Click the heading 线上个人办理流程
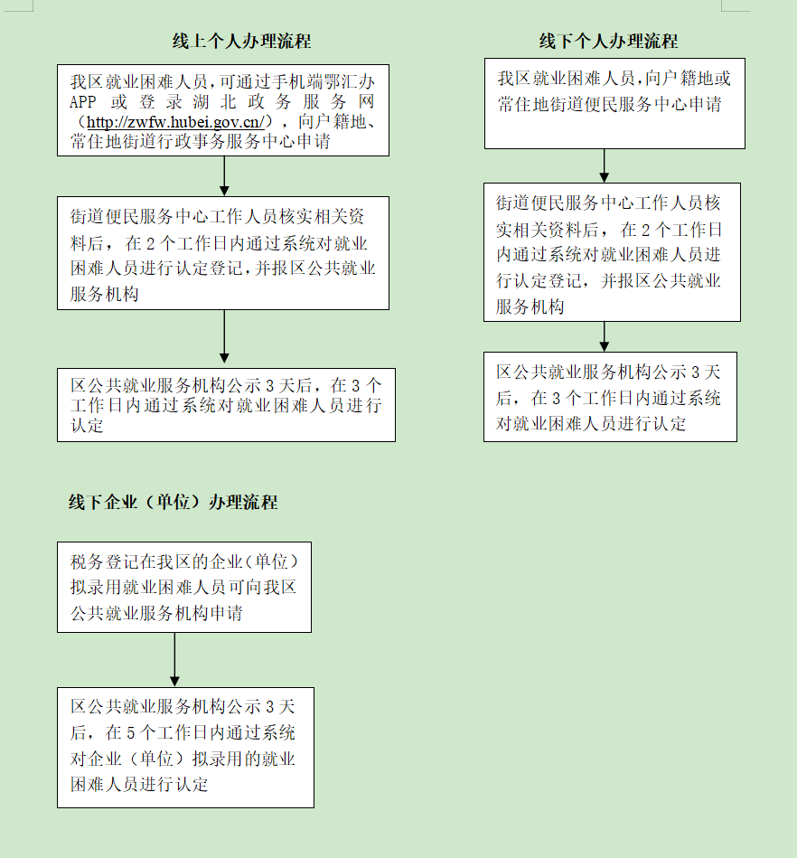click(241, 42)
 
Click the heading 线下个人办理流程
click(608, 42)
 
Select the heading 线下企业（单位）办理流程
click(173, 503)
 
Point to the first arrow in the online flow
click(224, 175)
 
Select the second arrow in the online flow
click(224, 338)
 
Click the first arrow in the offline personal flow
click(605, 165)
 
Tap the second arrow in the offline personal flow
click(605, 336)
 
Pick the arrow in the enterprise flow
click(174, 659)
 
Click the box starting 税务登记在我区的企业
click(184, 587)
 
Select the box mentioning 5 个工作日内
click(184, 747)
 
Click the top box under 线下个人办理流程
click(614, 103)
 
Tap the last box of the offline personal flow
click(610, 397)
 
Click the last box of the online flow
click(226, 404)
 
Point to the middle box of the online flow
click(223, 253)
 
